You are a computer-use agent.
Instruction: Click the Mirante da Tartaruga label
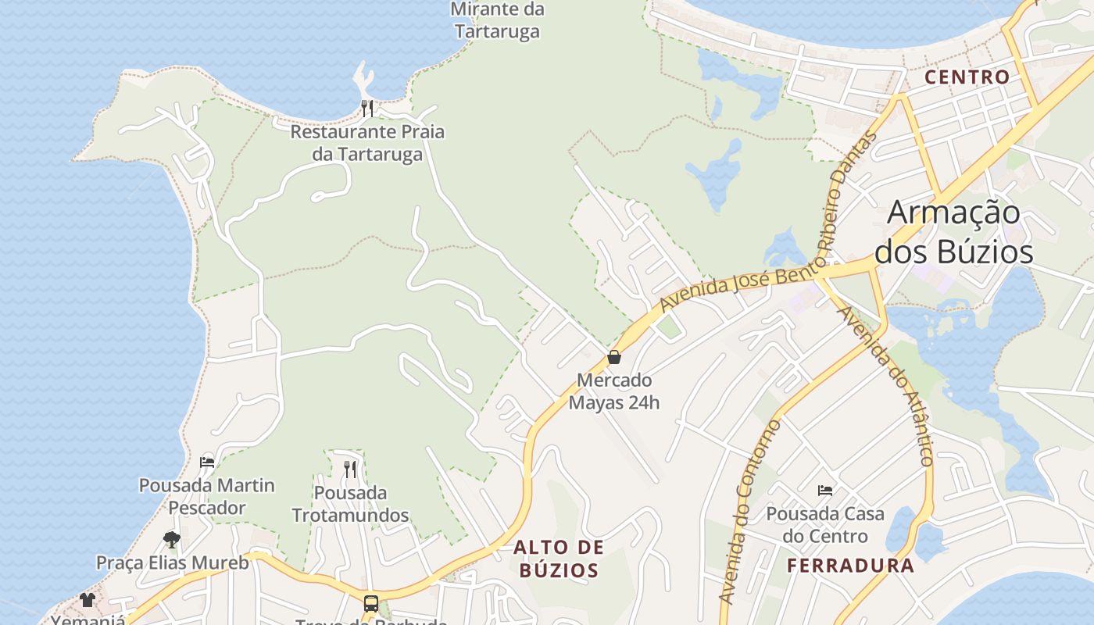click(x=497, y=20)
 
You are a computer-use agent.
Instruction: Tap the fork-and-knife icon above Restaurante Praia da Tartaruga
click(x=367, y=108)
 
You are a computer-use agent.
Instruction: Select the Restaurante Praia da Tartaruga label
click(x=367, y=143)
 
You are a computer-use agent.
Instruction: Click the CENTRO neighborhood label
click(x=967, y=77)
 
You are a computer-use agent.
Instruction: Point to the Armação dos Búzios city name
click(x=954, y=232)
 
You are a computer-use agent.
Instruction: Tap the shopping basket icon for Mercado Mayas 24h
click(x=614, y=357)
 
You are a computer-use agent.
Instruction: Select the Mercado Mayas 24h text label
click(x=614, y=391)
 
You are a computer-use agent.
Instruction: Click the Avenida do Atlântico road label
click(x=886, y=386)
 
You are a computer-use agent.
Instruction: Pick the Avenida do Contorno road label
click(x=750, y=512)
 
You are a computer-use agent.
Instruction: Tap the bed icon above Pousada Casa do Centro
click(x=825, y=491)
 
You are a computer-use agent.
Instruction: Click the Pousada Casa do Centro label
click(x=825, y=525)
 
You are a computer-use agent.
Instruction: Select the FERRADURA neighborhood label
click(x=850, y=566)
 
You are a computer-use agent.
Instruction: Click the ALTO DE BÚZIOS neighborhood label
click(x=559, y=558)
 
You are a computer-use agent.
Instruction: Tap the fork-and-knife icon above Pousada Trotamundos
click(x=350, y=469)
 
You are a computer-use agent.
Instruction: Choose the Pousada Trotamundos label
click(x=350, y=504)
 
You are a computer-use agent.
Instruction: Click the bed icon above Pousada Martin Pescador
click(x=207, y=462)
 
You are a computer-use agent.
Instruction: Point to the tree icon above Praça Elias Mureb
click(x=172, y=539)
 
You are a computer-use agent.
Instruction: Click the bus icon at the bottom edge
click(x=371, y=604)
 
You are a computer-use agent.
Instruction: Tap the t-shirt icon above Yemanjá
click(x=87, y=600)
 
